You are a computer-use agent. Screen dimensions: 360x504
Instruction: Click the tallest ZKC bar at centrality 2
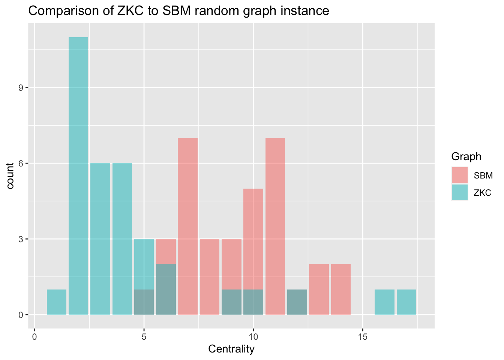pos(78,175)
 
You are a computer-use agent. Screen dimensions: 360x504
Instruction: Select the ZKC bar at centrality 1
pos(57,302)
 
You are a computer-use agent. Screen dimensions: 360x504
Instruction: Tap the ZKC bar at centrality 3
pos(100,239)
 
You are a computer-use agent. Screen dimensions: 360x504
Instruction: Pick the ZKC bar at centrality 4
pos(122,239)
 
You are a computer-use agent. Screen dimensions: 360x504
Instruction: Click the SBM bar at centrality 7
pos(187,226)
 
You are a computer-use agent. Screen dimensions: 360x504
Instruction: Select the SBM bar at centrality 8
pos(210,277)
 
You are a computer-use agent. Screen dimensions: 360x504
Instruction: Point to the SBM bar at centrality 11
pos(275,226)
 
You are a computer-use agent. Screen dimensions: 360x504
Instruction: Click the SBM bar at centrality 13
pos(319,289)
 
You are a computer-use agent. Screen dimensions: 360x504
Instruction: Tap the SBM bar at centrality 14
pos(341,289)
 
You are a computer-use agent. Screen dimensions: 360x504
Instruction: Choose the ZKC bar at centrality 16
pos(384,302)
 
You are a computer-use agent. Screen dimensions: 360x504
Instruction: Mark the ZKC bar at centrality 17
pos(406,302)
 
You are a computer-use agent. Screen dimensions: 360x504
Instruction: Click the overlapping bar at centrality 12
pos(297,302)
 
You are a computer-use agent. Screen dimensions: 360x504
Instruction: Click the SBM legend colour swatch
pos(459,175)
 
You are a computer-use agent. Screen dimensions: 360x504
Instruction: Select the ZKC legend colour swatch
pos(459,192)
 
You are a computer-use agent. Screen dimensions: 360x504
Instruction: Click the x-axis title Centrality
pos(231,349)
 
